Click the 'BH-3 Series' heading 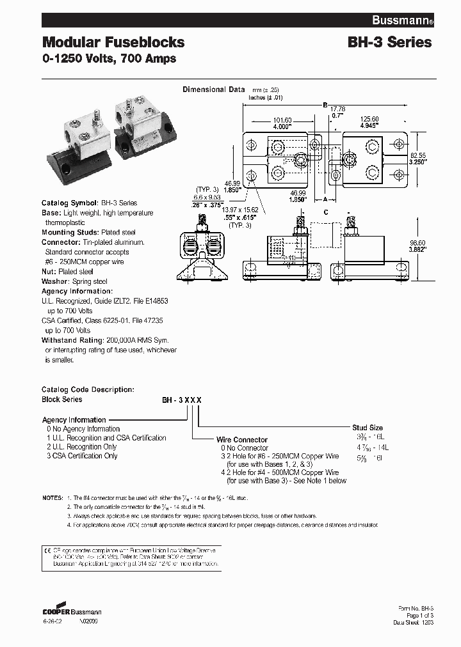(389, 43)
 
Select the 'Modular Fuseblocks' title (113, 43)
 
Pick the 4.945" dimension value (370, 127)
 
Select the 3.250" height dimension (418, 162)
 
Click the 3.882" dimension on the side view (418, 249)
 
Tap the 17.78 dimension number (337, 109)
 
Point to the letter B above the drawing (325, 104)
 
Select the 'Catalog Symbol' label (69, 203)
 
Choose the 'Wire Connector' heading (241, 440)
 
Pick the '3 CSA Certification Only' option (82, 456)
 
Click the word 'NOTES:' (53, 497)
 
